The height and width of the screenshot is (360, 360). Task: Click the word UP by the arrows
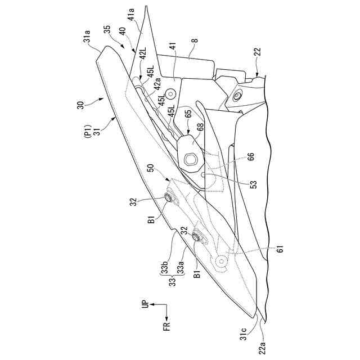pos(143,304)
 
